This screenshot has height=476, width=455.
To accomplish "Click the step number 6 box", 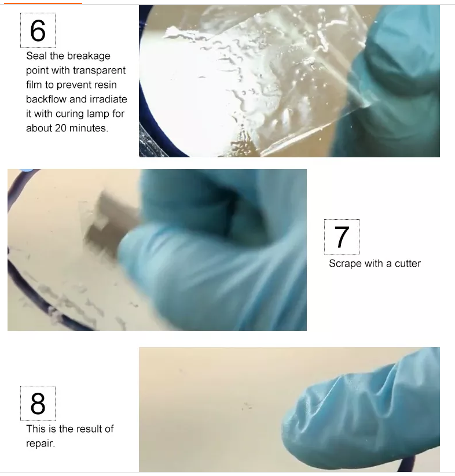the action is (38, 30).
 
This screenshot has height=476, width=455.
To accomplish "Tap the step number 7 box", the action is (342, 237).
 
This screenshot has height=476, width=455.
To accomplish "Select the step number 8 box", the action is (38, 404).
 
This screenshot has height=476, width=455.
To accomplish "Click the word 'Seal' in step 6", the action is (36, 56).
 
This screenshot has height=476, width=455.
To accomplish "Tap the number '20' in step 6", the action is (61, 128).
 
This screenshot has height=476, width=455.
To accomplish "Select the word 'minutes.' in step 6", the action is (89, 128).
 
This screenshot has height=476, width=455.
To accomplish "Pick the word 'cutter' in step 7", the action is (408, 264).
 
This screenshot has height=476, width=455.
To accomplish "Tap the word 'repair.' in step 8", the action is (41, 444).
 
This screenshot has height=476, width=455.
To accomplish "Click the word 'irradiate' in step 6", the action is (108, 99).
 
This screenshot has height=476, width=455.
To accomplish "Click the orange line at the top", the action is (43, 3).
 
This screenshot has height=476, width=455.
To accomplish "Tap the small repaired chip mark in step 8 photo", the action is (247, 406).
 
